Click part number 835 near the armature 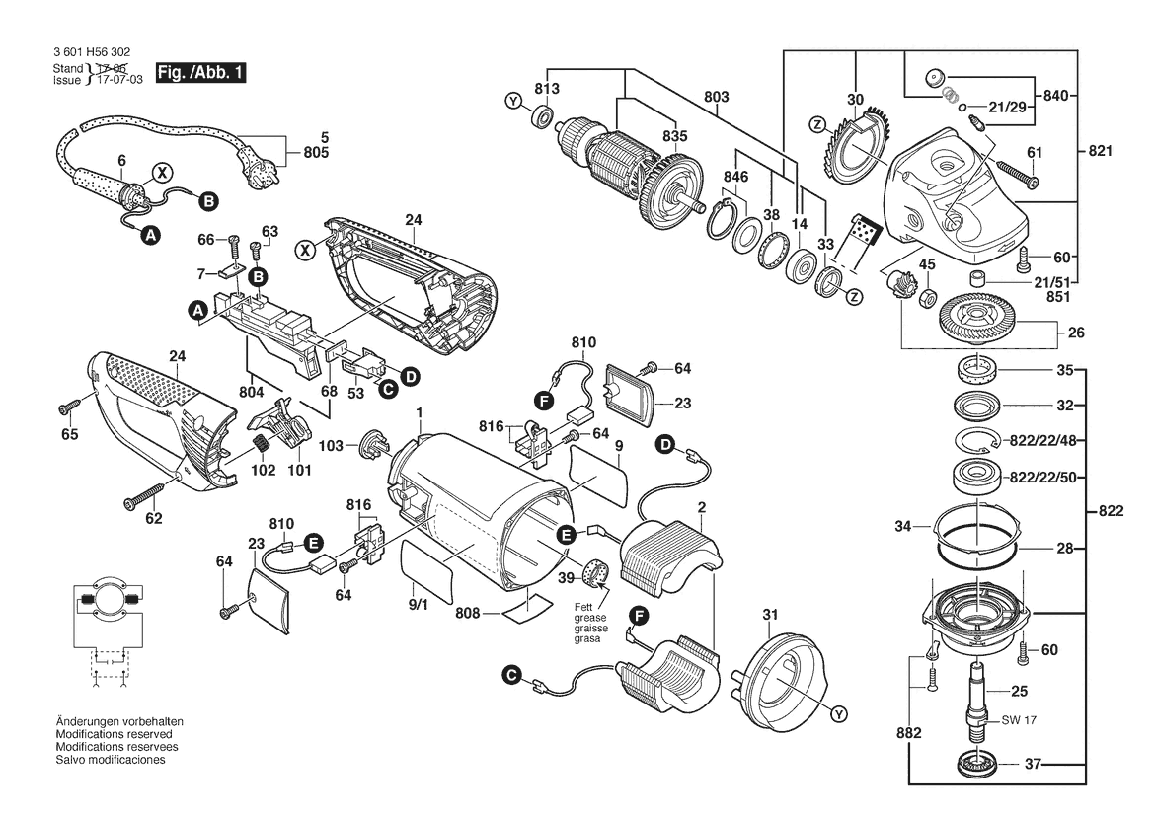click(x=674, y=135)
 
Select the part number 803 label click(x=717, y=97)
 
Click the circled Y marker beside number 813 click(x=512, y=101)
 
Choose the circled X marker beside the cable click(x=159, y=172)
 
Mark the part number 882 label click(x=909, y=733)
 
